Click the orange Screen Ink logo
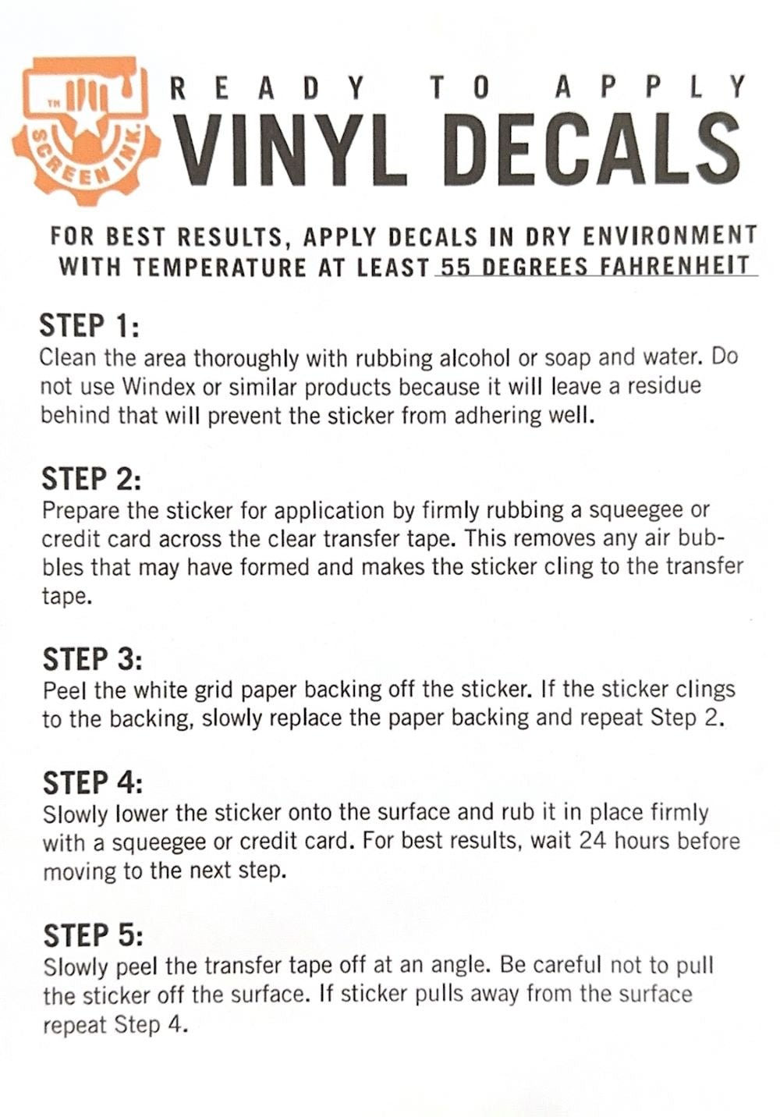(x=86, y=130)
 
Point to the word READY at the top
(x=268, y=88)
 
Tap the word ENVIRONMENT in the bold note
(x=670, y=236)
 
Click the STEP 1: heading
(x=89, y=325)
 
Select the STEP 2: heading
(x=91, y=478)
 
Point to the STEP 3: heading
(x=92, y=658)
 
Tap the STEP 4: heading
(x=93, y=782)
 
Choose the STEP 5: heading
(x=93, y=934)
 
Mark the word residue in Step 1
(x=664, y=386)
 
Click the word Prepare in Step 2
(x=80, y=511)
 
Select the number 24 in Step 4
(x=593, y=841)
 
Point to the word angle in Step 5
(x=457, y=966)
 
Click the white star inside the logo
(x=85, y=136)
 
